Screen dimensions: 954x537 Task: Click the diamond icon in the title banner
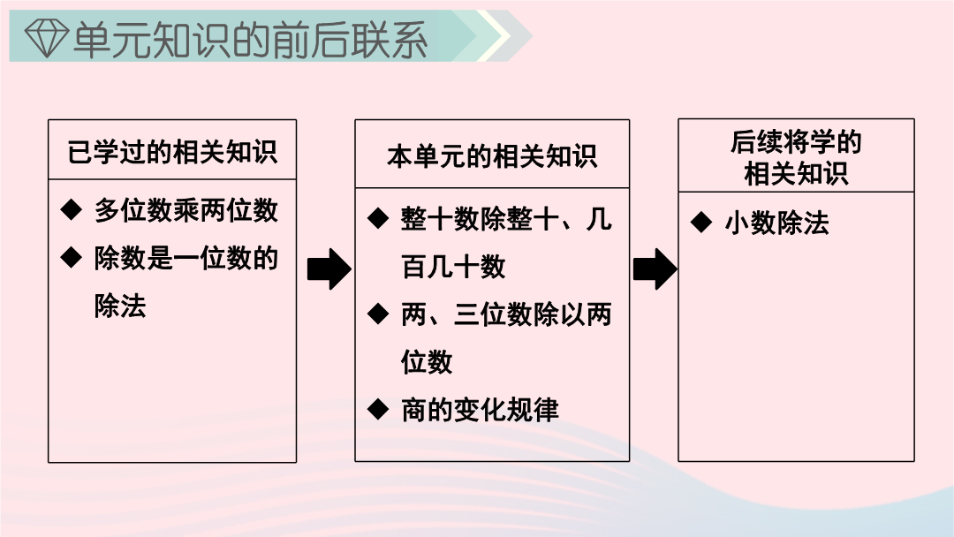pos(46,38)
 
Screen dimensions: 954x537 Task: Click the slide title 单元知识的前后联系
pos(250,40)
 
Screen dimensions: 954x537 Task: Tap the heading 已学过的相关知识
pos(172,152)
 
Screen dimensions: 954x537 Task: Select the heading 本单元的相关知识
pos(492,156)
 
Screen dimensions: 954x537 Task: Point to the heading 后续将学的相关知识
pos(796,157)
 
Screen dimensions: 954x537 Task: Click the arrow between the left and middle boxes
pos(329,268)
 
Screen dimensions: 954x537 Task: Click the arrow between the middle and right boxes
pos(655,268)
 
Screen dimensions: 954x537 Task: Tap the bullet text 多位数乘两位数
pos(186,210)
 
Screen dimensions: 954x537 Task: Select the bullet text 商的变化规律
pos(480,410)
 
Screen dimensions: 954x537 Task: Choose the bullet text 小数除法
pos(777,223)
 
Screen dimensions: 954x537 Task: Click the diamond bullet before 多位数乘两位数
pos(72,210)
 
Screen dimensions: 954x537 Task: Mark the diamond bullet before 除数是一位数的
pos(72,257)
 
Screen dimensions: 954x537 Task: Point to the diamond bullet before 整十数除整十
pos(378,218)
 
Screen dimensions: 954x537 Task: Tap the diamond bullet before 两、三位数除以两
pos(378,314)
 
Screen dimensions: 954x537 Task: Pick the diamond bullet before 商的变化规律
pos(378,409)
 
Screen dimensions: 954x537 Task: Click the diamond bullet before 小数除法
pos(701,222)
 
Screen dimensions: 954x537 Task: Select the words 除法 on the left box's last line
pos(120,306)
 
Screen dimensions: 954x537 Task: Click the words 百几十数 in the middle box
pos(453,267)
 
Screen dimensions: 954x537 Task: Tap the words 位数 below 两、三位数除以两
pos(428,362)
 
